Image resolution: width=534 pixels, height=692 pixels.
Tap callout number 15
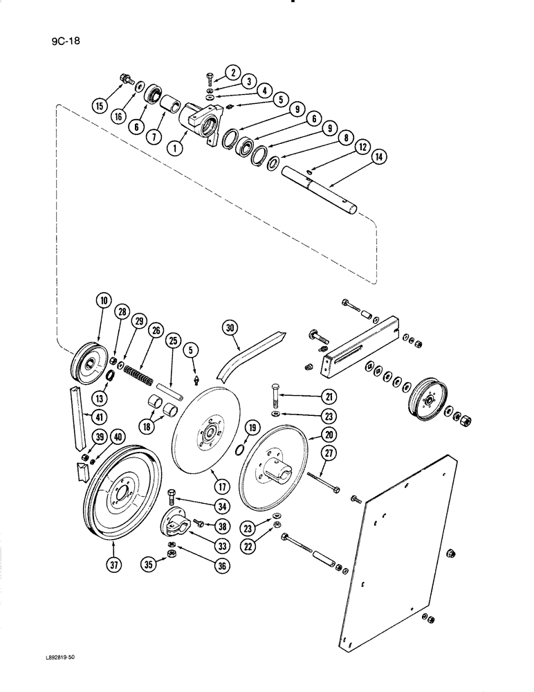(102, 106)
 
